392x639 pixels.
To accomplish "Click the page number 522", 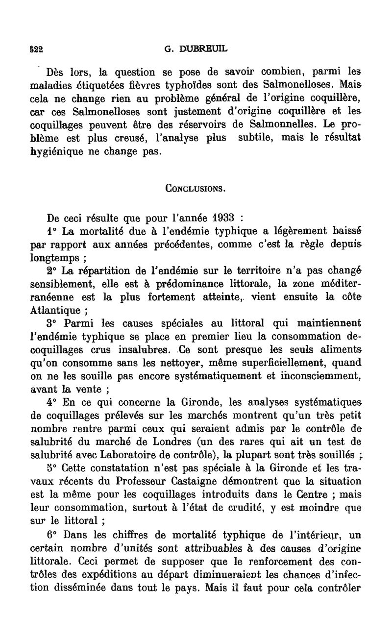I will (36, 49).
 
